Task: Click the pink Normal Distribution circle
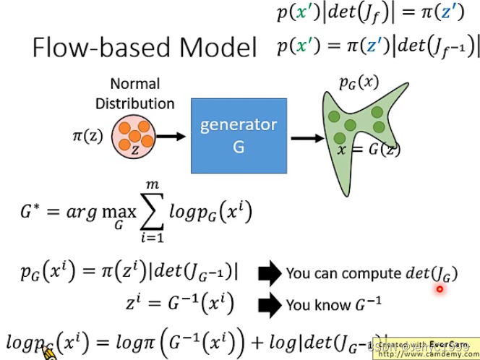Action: point(134,137)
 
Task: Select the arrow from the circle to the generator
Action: point(172,135)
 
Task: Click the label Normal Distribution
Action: point(135,93)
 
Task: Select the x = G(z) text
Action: point(369,150)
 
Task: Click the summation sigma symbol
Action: point(168,213)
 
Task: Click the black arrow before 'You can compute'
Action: point(268,273)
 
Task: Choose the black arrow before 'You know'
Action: point(268,304)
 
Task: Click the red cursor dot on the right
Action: point(439,289)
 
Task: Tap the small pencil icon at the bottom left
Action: point(48,352)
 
